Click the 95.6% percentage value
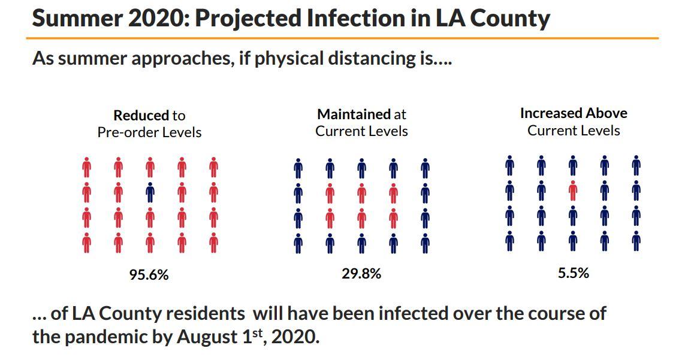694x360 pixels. coord(149,275)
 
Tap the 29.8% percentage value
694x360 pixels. coord(361,274)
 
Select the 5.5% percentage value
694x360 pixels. coord(574,273)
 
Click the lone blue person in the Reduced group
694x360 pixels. coord(150,192)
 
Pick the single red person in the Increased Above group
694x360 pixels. coord(573,190)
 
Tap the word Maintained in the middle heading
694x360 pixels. coord(354,114)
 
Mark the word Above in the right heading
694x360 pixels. coord(607,113)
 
